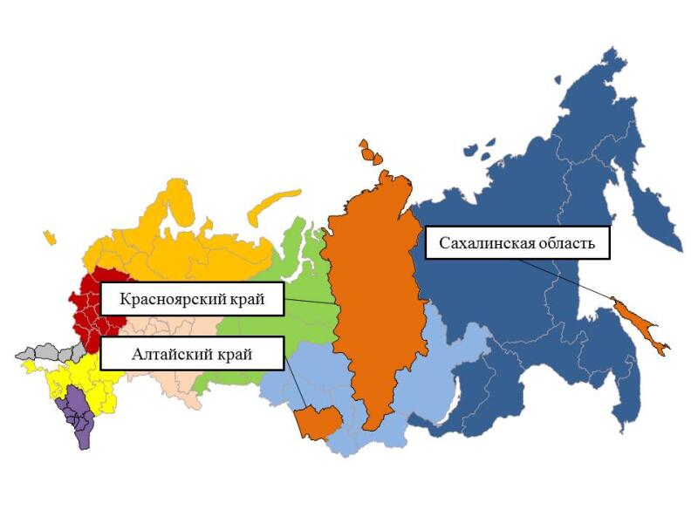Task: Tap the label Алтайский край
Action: tap(192, 355)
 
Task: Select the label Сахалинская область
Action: tap(517, 243)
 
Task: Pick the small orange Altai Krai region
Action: tap(317, 422)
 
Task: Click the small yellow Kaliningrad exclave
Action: tap(49, 237)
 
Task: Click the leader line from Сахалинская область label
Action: tap(567, 279)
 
